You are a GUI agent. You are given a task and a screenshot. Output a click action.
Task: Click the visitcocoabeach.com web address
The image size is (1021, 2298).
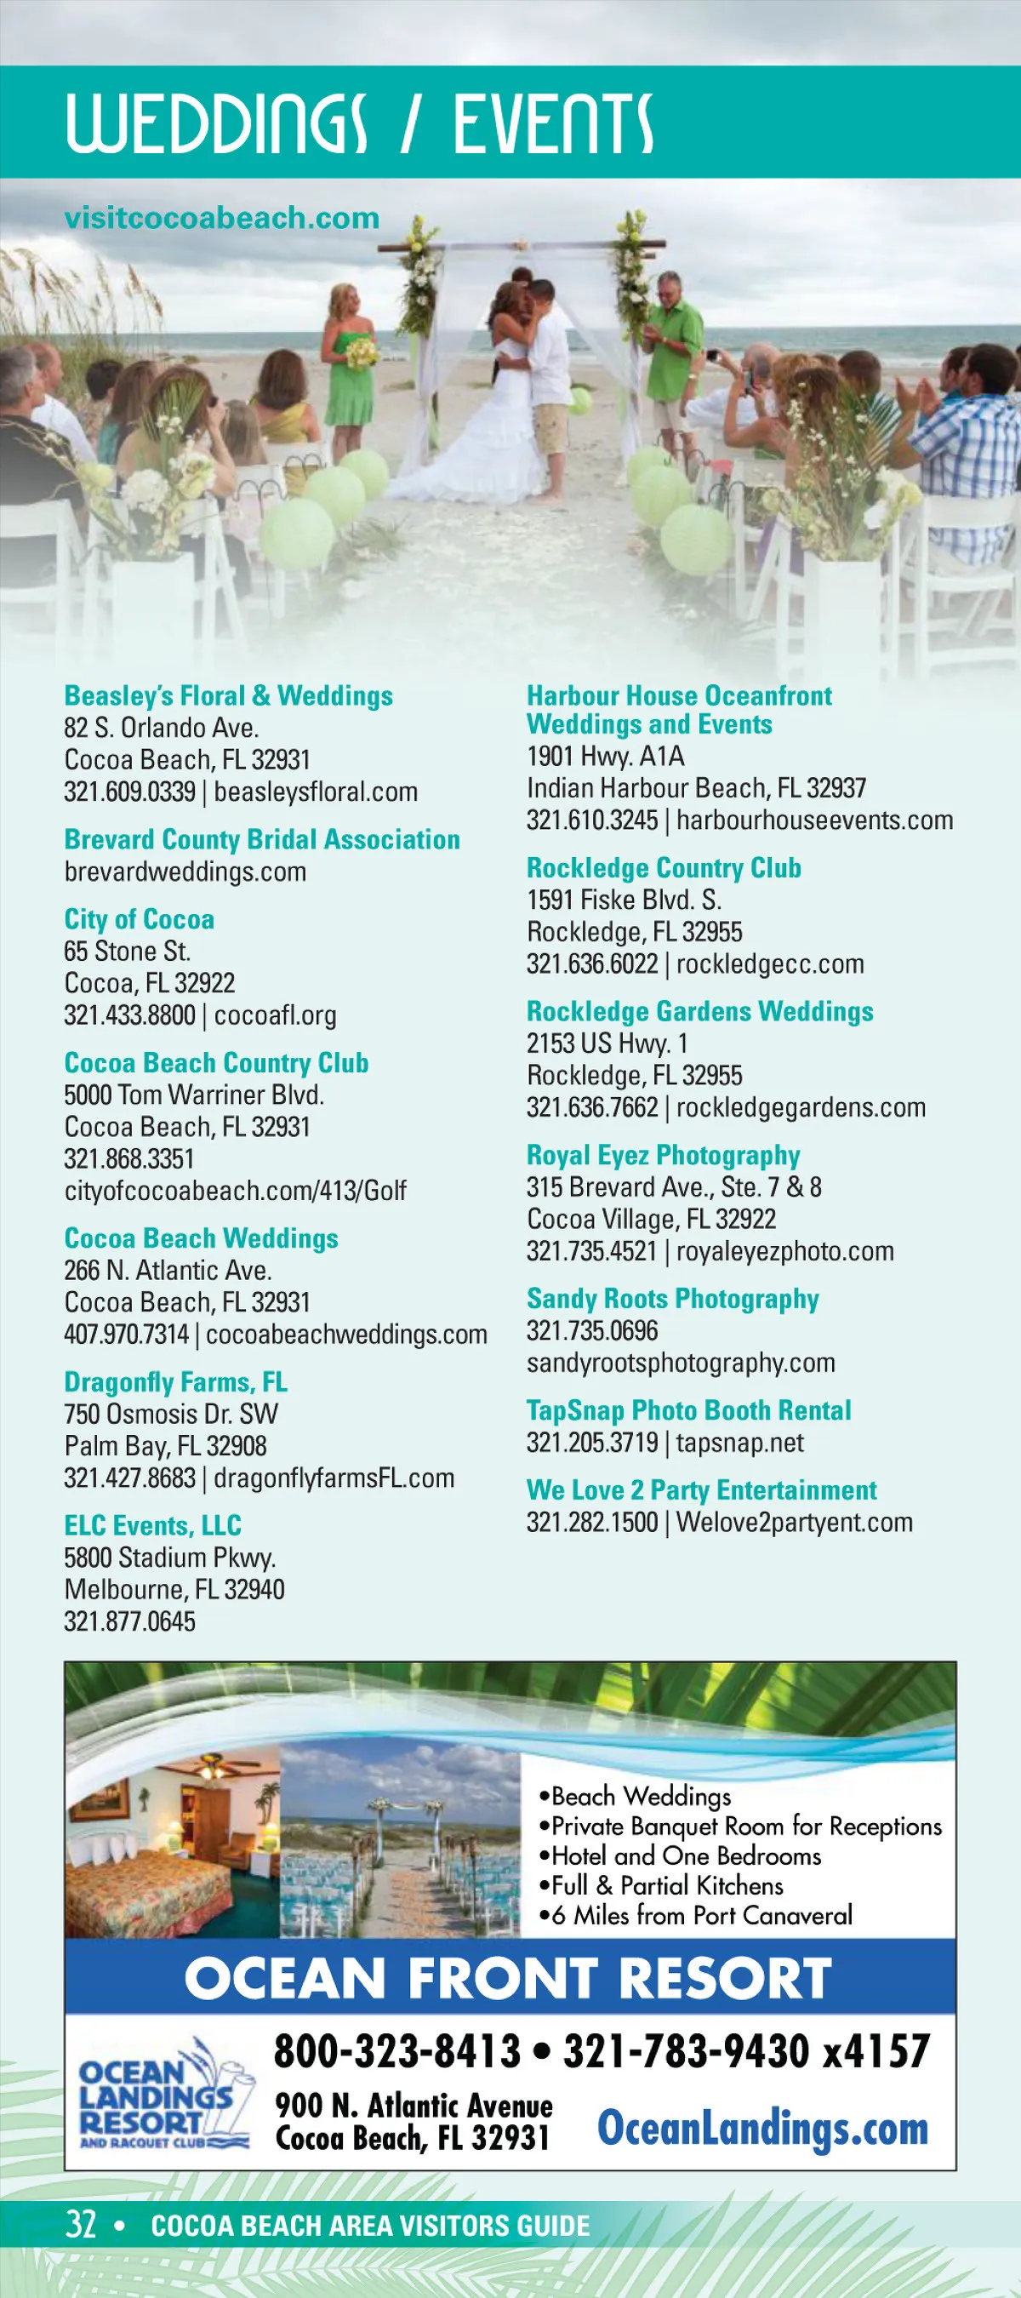(221, 218)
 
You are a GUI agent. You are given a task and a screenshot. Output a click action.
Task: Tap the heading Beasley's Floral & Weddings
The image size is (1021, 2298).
(228, 696)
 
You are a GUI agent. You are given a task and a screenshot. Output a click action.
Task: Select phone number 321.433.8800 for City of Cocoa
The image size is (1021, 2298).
(129, 1015)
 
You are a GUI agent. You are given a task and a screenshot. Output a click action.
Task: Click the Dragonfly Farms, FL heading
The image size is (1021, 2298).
(175, 1382)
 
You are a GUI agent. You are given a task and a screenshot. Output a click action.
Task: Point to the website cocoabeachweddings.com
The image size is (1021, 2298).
(347, 1335)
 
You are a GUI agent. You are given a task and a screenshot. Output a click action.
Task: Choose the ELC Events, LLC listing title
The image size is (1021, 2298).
(152, 1525)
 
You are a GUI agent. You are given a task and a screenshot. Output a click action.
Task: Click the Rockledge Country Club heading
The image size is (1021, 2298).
(664, 868)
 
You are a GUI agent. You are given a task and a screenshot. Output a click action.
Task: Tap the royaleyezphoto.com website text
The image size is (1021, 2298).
(784, 1252)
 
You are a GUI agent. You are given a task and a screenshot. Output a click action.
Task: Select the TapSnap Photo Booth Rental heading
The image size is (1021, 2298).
(688, 1410)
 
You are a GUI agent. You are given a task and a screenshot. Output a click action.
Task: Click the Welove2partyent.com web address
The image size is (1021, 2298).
(794, 1523)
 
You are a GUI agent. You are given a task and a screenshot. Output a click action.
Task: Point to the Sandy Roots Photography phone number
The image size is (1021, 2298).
(592, 1331)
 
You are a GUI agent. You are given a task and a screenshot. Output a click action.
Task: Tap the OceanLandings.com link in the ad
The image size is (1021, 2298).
(762, 2128)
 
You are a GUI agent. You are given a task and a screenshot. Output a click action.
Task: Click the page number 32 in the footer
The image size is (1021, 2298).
(80, 2225)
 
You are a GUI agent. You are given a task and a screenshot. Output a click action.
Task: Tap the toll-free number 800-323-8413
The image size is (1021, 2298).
(396, 2050)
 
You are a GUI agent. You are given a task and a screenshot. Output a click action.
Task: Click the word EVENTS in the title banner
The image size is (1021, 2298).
(553, 123)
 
